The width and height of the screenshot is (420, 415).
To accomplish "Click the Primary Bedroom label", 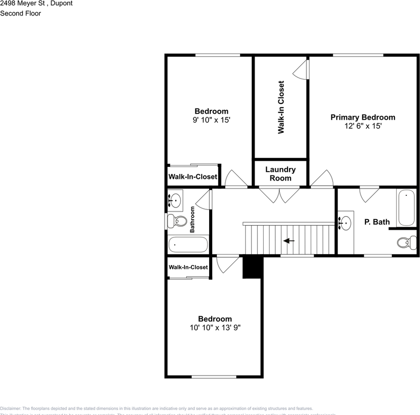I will click(x=363, y=117).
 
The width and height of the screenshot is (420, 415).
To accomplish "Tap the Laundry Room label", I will click(x=280, y=174).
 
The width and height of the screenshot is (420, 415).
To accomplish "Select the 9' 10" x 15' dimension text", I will click(x=211, y=120).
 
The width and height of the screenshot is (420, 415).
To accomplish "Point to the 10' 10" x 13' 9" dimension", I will click(x=215, y=328).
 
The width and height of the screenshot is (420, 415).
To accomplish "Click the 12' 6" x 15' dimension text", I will click(x=363, y=126).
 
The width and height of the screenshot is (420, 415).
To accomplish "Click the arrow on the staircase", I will click(x=289, y=241).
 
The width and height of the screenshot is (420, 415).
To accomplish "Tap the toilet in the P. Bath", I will click(x=407, y=243).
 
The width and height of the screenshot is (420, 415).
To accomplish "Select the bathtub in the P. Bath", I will click(x=406, y=207).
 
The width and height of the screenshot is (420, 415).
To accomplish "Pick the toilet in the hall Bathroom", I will click(x=177, y=221).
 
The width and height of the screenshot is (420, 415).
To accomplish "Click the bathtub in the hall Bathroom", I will click(x=188, y=245).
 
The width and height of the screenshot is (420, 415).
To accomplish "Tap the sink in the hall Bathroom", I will click(x=175, y=200).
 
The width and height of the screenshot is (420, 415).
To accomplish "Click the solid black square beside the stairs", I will click(x=253, y=267).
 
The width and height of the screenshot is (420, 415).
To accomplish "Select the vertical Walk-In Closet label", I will click(x=281, y=107).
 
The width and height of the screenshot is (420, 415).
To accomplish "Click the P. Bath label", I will click(x=377, y=222).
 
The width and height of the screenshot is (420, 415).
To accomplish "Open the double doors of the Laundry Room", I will click(x=280, y=194).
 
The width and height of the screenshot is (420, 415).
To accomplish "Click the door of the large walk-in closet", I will click(x=302, y=69).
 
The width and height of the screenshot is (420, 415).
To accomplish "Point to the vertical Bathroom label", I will click(x=192, y=219).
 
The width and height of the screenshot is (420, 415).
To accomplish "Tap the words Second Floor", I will click(x=20, y=13).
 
